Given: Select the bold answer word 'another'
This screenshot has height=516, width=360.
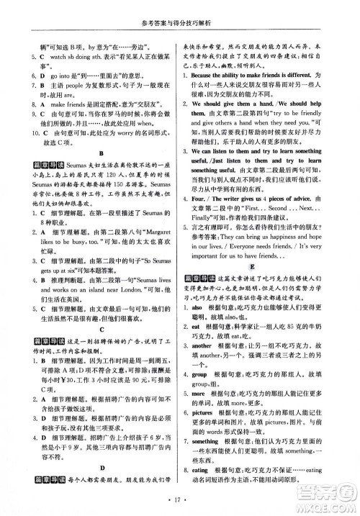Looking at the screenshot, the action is click(x=204, y=345).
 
